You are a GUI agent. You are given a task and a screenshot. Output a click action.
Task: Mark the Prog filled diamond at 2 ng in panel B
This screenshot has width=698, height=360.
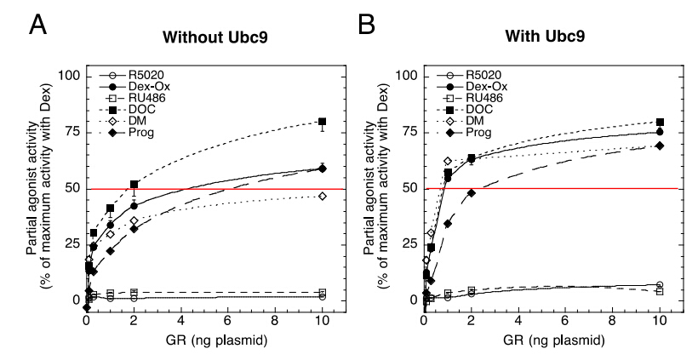(471, 193)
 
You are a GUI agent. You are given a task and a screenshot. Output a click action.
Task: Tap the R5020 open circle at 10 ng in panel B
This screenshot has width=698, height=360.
(660, 285)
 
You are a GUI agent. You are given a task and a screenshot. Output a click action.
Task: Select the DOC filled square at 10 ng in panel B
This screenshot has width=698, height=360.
(660, 122)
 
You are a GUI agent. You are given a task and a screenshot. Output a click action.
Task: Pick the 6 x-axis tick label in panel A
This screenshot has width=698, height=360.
(228, 323)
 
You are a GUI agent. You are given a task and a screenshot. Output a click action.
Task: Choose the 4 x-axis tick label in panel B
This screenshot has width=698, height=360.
(518, 323)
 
